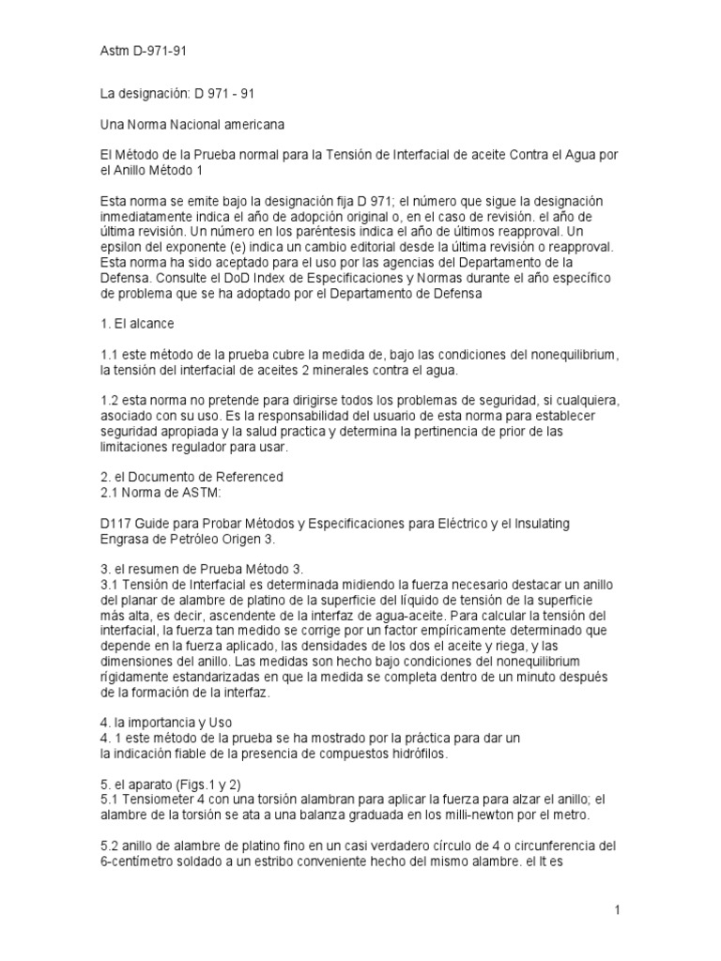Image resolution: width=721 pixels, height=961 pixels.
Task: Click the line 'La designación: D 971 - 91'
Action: [x=177, y=94]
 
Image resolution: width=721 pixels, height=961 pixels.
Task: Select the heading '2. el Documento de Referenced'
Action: [x=191, y=477]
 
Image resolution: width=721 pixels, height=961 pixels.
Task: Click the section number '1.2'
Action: [x=110, y=400]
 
